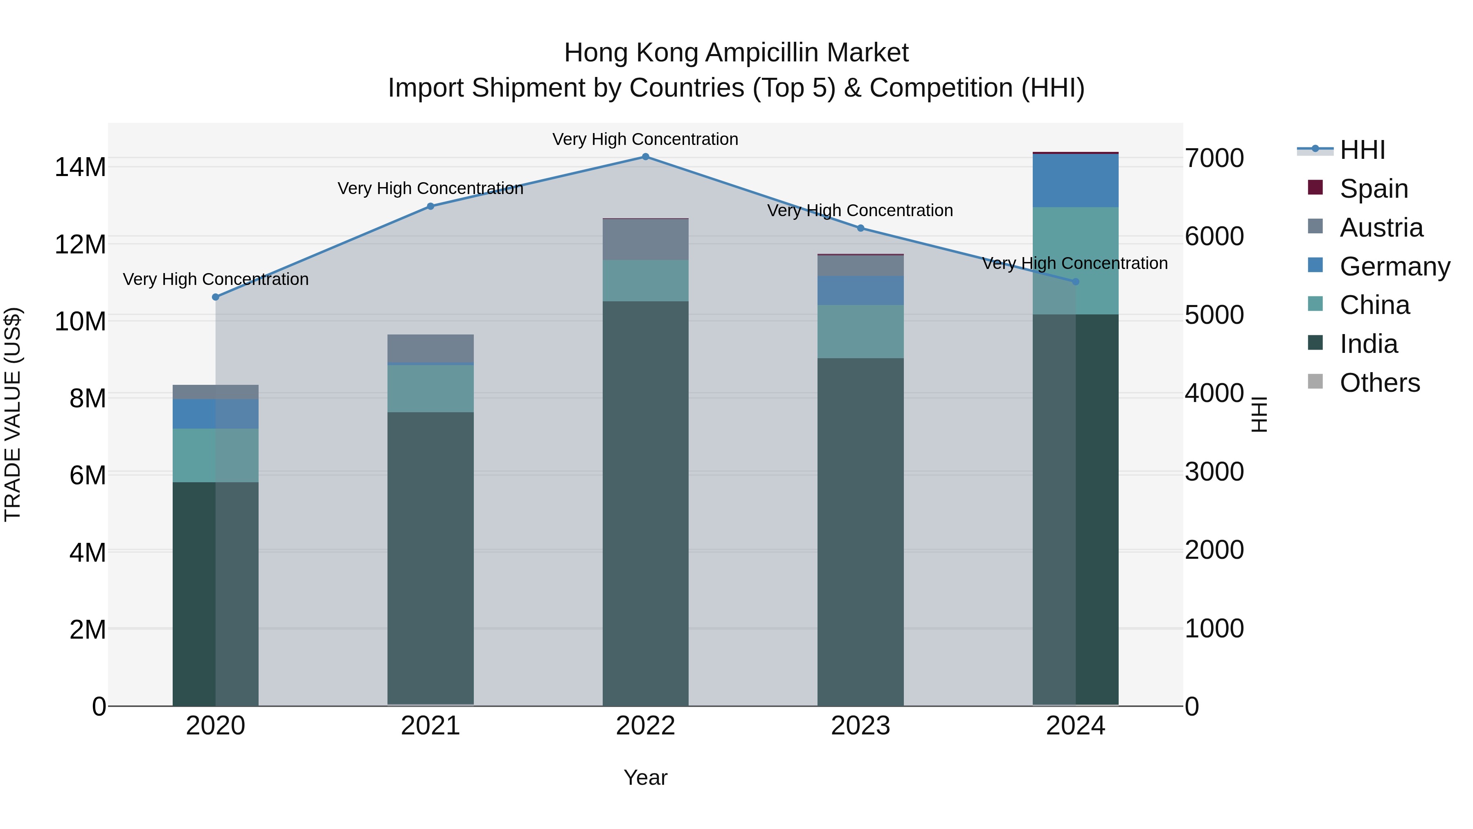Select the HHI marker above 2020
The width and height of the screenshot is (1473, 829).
[x=216, y=297]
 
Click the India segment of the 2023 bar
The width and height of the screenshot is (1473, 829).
[x=860, y=532]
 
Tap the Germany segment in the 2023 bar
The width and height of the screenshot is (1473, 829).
[x=860, y=290]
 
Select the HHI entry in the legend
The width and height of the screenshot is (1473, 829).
[x=1362, y=150]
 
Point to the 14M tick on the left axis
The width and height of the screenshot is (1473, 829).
[x=80, y=167]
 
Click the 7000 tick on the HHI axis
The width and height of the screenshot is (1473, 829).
[x=1214, y=158]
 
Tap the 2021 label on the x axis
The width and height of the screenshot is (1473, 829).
[x=430, y=726]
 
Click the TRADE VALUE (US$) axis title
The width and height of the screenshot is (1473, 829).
[x=13, y=414]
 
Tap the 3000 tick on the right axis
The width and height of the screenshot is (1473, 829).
[x=1214, y=472]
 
